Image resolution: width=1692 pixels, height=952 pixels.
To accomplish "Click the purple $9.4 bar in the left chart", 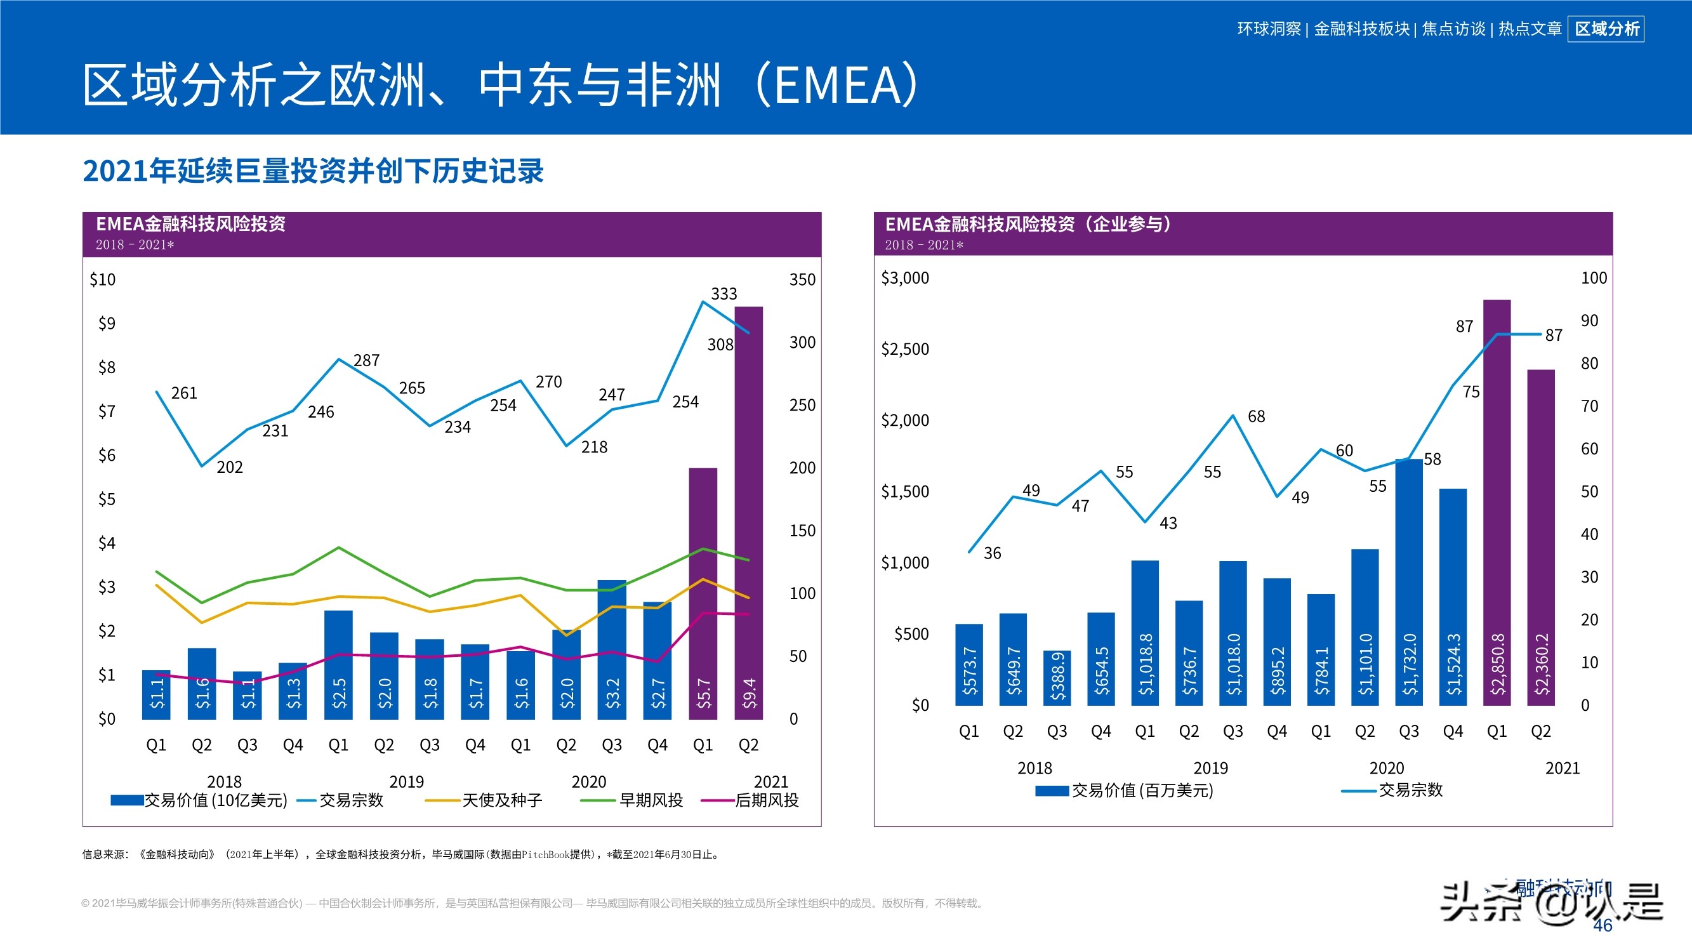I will click(748, 512).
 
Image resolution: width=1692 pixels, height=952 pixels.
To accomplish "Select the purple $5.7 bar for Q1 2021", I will click(703, 592).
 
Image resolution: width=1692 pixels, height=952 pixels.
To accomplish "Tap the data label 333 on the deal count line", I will click(724, 294).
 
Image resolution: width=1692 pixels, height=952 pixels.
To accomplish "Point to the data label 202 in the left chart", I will click(229, 467).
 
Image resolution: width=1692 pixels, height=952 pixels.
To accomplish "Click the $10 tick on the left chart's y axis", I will click(102, 279).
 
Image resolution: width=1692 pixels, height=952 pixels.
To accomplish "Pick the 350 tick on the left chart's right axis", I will click(802, 279).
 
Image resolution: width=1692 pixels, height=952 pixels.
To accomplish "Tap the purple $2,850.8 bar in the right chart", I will click(1497, 499).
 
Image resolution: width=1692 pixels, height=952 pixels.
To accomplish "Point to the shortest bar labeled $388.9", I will click(1057, 677).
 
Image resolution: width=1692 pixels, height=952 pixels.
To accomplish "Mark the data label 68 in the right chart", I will click(1256, 416).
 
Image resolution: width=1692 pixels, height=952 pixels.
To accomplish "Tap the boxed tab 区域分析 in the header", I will click(1606, 29).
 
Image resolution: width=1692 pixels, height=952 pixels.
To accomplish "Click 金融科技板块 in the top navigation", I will click(1361, 29).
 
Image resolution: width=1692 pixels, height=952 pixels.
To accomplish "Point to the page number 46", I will click(1603, 925).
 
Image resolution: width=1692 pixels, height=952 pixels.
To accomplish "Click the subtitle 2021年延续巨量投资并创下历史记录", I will click(314, 171).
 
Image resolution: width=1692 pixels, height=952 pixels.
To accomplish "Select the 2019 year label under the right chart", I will click(1210, 768).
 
